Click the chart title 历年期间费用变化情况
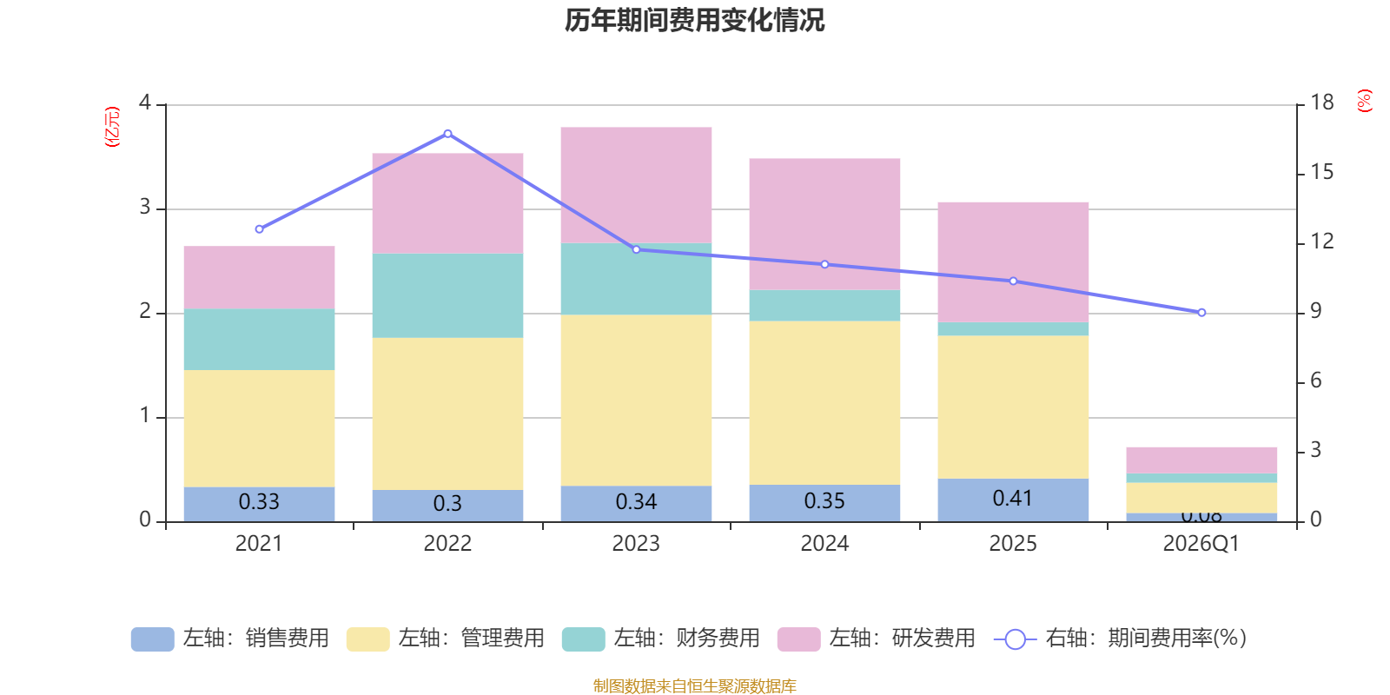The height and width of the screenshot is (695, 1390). click(694, 20)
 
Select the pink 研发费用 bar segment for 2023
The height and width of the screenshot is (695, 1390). click(636, 184)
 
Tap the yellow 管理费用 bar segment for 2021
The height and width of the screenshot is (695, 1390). click(259, 428)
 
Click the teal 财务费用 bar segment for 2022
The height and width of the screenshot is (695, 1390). click(447, 295)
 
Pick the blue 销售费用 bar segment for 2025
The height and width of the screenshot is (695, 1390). click(1013, 500)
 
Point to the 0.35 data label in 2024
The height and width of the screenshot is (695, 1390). click(824, 501)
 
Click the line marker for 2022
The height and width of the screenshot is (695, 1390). click(447, 134)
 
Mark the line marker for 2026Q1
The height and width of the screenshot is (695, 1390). click(1201, 313)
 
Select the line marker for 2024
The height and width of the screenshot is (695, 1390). click(824, 264)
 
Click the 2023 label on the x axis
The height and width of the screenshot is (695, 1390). click(636, 544)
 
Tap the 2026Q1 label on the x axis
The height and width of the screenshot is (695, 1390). click(1201, 544)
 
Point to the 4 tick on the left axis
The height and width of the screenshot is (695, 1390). click(145, 103)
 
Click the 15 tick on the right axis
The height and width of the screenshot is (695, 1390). click(1321, 172)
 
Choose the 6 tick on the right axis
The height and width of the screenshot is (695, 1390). click(1315, 381)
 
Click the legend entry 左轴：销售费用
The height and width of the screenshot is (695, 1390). click(230, 639)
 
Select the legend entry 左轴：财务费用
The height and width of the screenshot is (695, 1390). click(661, 639)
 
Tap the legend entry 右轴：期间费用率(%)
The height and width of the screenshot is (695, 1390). click(1121, 639)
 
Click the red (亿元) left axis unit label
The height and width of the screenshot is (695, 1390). click(111, 127)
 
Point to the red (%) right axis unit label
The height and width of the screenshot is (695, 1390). click(1365, 101)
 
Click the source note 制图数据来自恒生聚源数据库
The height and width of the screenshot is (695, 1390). click(694, 686)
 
